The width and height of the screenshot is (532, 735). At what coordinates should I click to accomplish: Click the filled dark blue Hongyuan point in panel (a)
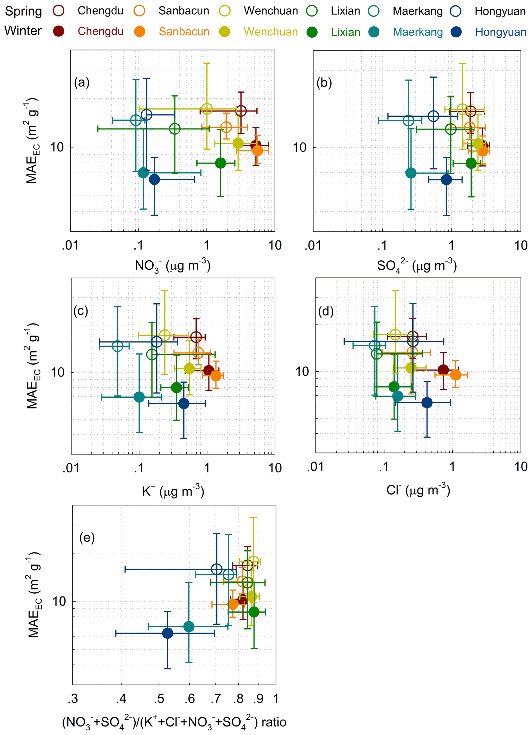coord(154,179)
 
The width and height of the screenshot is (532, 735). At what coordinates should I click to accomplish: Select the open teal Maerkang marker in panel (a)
coord(136,120)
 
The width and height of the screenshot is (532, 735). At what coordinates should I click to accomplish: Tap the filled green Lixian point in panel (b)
coord(471,163)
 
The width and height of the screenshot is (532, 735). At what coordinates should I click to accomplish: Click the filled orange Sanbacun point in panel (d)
coord(456,375)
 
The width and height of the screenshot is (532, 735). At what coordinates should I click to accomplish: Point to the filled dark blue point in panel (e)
coord(167,633)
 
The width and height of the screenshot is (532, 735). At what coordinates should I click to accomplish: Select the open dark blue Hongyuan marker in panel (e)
coord(217,569)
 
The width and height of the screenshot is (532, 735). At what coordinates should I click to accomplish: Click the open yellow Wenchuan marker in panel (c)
coord(165,335)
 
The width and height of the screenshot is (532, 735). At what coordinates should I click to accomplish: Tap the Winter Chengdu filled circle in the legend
coord(59,31)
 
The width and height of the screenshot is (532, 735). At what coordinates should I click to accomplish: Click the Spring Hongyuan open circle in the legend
coord(456,11)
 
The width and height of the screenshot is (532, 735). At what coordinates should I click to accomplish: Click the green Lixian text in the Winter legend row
coord(345,32)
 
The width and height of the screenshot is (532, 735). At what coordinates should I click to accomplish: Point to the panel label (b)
coord(324,83)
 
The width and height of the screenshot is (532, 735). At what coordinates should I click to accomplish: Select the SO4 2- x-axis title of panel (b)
coord(417,266)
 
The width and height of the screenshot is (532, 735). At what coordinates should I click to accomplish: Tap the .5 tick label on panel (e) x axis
coord(159,699)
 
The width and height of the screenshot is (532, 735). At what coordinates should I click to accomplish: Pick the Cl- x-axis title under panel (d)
coord(418,490)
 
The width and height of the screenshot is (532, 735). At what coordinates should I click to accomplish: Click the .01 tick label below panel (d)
coord(315,467)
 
